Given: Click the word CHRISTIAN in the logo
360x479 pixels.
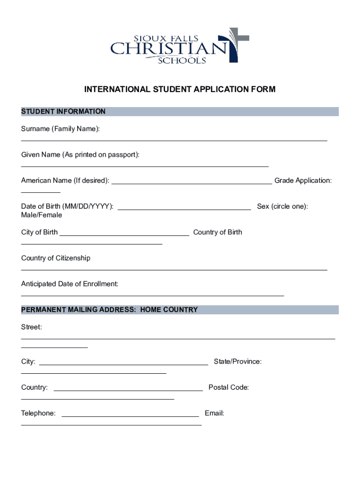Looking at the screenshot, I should pyautogui.click(x=168, y=49).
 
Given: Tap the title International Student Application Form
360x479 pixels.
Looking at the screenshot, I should pyautogui.click(x=180, y=89).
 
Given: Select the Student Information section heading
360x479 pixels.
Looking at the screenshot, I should pyautogui.click(x=63, y=111).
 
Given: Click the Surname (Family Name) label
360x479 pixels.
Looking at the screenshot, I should pyautogui.click(x=60, y=129).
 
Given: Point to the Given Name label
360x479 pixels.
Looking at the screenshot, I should pyautogui.click(x=80, y=154).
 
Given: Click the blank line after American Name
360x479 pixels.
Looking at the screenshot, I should pyautogui.click(x=192, y=184).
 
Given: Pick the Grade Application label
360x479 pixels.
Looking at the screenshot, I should pyautogui.click(x=303, y=181).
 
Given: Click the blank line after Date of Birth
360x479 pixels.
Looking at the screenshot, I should pyautogui.click(x=184, y=209).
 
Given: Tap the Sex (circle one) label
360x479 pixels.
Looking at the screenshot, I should pyautogui.click(x=282, y=206).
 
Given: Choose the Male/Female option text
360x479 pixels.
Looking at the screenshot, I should pyautogui.click(x=42, y=215).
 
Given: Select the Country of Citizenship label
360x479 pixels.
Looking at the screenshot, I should pyautogui.click(x=56, y=258).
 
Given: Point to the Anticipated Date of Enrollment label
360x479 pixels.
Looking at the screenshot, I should pyautogui.click(x=70, y=284).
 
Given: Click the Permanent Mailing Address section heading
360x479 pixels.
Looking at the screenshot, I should pyautogui.click(x=109, y=310).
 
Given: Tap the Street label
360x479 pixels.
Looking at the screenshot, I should pyautogui.click(x=31, y=327).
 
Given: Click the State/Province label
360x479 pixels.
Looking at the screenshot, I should pyautogui.click(x=238, y=362).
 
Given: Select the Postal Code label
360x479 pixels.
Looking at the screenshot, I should pyautogui.click(x=229, y=387).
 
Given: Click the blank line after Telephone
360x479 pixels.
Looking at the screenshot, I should pyautogui.click(x=130, y=416).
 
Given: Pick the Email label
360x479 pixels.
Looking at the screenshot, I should pyautogui.click(x=215, y=414).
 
